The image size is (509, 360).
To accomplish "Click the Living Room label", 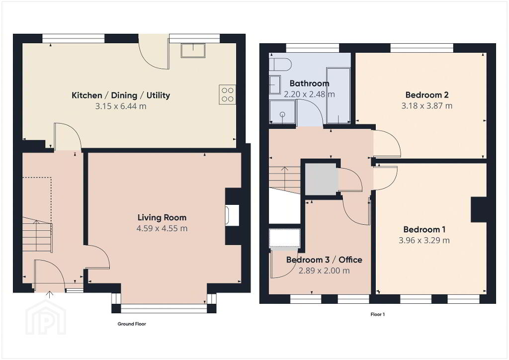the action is (x=162, y=217).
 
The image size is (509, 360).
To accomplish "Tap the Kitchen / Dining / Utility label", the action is (x=121, y=95).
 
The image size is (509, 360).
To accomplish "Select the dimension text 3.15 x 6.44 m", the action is (x=121, y=106).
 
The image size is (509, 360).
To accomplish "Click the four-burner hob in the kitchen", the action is (x=228, y=94).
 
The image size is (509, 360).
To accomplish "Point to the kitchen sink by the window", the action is (x=193, y=51).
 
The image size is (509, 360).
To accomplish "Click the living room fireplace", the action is (x=233, y=215).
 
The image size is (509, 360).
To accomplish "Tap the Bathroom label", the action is (x=309, y=84).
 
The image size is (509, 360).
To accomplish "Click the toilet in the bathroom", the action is (x=278, y=64).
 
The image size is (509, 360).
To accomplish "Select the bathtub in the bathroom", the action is (x=338, y=96).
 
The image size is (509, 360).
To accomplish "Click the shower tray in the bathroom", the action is (x=282, y=112).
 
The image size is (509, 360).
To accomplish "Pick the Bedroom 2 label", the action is (x=427, y=95).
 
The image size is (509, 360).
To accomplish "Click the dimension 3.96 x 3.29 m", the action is (x=424, y=241).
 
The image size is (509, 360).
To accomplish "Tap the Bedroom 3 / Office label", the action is (x=324, y=260).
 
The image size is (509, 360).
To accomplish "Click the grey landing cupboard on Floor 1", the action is (x=321, y=180).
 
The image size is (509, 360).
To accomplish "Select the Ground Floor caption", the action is (x=132, y=324).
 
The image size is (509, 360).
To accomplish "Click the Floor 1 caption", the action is (x=378, y=314).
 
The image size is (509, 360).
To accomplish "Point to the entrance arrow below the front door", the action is (x=49, y=295).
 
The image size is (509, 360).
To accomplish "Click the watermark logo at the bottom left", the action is (x=46, y=317).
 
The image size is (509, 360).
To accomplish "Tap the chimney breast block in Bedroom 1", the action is (x=479, y=209).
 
